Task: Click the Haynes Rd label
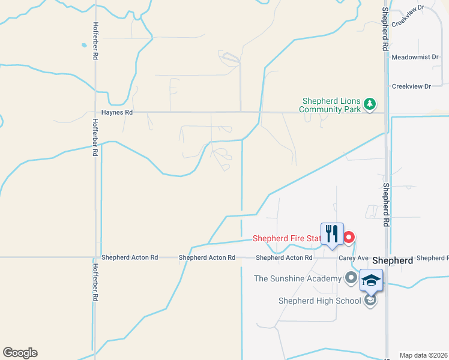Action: (116, 112)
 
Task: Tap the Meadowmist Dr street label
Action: (411, 58)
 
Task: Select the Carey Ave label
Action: (353, 258)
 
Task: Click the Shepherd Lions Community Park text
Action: (331, 106)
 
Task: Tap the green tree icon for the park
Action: (370, 104)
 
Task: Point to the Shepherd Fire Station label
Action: (288, 238)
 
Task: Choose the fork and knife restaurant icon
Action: (332, 234)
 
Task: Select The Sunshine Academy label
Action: (297, 278)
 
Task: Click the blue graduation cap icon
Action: (371, 280)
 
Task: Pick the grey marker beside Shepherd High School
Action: (370, 300)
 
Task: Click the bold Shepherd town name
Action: (392, 261)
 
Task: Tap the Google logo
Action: (20, 353)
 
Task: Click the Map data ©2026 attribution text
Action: (423, 355)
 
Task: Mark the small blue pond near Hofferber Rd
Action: (83, 45)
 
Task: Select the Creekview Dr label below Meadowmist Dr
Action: (411, 86)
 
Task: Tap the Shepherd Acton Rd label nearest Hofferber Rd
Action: (130, 257)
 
